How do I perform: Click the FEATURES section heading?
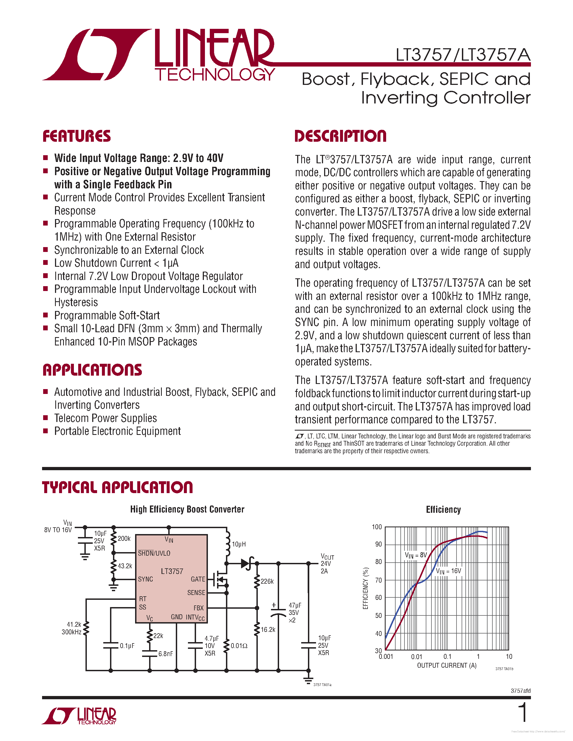(77, 136)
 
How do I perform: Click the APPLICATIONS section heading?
(92, 370)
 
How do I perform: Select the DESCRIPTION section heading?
(341, 136)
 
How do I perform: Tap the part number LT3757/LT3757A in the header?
(463, 55)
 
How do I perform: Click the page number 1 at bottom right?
(523, 712)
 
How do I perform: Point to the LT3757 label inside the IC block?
(172, 571)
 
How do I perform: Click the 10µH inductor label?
(239, 544)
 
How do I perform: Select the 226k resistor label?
(267, 581)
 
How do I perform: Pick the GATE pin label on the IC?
(198, 579)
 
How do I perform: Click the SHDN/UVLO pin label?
(154, 553)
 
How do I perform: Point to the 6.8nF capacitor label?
(166, 654)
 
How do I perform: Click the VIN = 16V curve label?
(448, 571)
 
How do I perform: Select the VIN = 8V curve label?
(416, 555)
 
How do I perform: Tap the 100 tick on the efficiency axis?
(377, 527)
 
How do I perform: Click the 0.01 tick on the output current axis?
(417, 656)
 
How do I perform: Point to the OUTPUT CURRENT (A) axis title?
(447, 665)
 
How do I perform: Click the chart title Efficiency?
(443, 510)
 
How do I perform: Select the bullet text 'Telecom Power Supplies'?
(106, 418)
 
